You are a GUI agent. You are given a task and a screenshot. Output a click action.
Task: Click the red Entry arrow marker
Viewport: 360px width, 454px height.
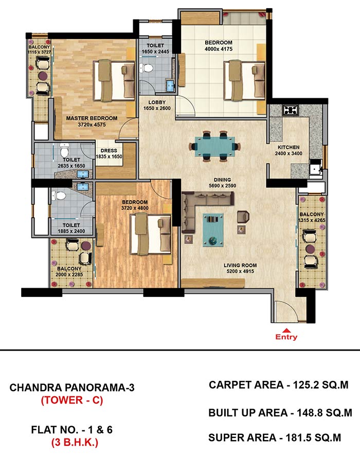pos(286,330)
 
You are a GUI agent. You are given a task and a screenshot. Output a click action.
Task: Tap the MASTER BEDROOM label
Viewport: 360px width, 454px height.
pos(92,118)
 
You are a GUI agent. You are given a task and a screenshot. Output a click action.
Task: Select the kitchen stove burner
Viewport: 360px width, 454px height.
pos(291,110)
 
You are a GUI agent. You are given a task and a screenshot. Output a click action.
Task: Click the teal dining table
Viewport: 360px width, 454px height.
pos(215,146)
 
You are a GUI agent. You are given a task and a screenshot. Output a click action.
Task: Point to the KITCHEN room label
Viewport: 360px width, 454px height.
pos(289,147)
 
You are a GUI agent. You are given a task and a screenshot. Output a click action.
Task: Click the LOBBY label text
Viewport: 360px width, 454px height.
pos(157,102)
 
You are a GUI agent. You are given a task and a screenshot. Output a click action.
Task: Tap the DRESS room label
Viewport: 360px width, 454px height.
pos(109,150)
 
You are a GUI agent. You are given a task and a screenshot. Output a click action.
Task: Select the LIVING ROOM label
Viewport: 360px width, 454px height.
pos(240,265)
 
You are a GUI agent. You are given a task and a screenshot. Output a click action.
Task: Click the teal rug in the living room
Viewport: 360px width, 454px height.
pos(213,230)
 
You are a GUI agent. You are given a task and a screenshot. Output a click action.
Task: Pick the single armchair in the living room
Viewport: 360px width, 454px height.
pos(243,217)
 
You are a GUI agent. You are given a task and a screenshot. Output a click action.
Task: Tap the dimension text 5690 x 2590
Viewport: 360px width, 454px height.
pos(223,186)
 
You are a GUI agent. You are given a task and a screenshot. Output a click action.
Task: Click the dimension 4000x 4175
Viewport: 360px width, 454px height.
pos(219,49)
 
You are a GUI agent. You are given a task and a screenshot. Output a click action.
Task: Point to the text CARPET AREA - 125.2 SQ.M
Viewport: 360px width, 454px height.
pos(279,385)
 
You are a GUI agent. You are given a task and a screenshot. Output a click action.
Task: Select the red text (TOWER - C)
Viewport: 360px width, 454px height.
pos(72,400)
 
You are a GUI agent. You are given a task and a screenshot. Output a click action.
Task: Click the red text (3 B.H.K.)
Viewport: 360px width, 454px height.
pos(75,442)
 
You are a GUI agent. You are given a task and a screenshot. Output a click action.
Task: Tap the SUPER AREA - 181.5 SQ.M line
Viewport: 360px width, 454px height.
pos(275,437)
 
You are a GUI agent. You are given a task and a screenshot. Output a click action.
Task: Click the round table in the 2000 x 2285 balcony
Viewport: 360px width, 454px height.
pos(86,246)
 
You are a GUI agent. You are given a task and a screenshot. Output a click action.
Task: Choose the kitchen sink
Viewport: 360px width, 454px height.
pos(316,167)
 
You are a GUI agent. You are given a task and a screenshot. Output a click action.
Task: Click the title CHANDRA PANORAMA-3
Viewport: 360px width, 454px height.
pos(72,388)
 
